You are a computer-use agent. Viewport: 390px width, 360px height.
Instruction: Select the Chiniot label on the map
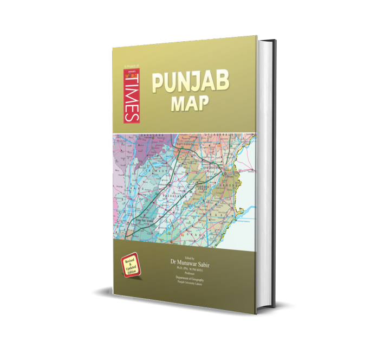[152, 170]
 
